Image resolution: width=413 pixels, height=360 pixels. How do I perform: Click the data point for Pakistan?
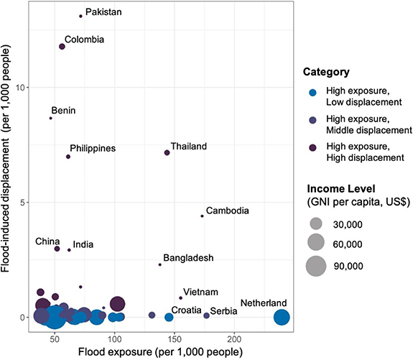pos(80,16)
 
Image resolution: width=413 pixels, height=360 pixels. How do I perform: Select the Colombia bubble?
pos(62,46)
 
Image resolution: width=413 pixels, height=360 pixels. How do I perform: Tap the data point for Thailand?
pos(167,152)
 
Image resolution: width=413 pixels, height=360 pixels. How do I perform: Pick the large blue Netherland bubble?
pos(282,317)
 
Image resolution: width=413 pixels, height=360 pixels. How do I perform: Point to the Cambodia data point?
pos(202,216)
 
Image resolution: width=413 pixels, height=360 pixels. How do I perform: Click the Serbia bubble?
pos(206,315)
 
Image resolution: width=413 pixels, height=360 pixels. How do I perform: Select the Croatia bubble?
pos(169,317)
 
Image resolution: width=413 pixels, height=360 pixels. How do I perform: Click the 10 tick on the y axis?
pos(18,88)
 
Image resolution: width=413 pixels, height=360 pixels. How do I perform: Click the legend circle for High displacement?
pos(312,152)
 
